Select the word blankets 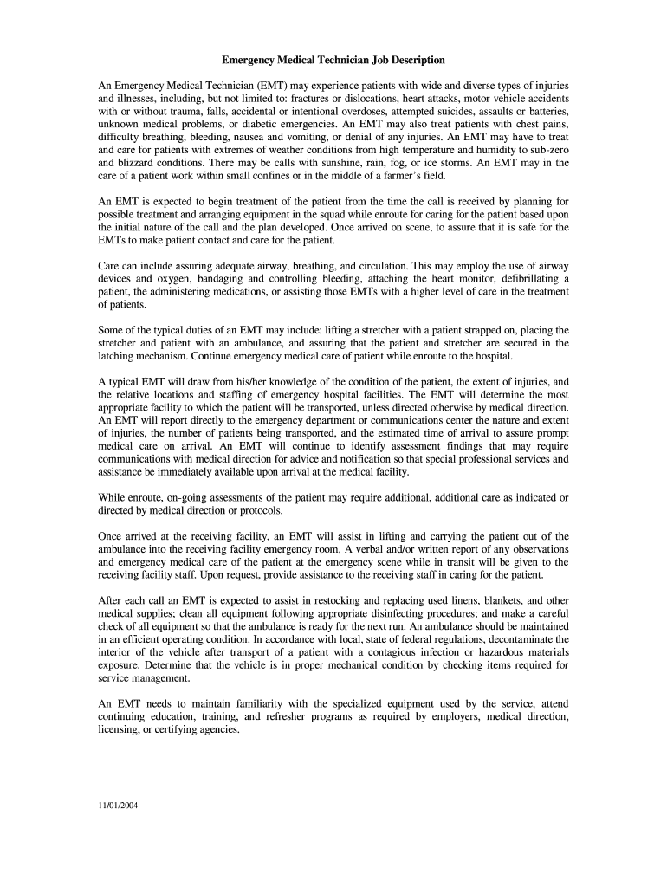498,599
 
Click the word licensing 116,729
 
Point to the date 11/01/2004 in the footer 118,806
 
